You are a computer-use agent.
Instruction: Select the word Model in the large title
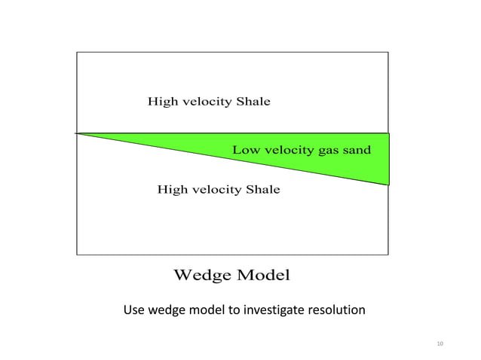coord(263,274)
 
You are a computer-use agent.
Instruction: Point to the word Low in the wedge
coord(246,150)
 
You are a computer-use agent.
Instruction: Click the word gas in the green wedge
coord(329,150)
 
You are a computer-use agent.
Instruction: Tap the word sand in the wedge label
coord(357,150)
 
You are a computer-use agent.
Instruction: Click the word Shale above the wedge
coord(253,101)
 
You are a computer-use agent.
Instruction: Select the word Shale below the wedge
coord(263,189)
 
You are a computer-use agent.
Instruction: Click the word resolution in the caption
coord(334,310)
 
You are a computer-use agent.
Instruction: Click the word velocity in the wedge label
coord(288,150)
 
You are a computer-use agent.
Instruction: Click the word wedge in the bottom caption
coord(167,310)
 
